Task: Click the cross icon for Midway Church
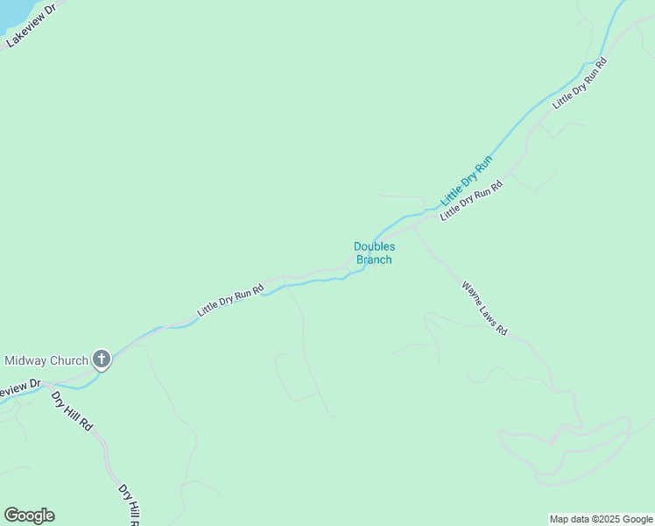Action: click(102, 359)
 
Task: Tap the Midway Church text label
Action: click(46, 360)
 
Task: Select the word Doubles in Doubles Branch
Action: click(374, 247)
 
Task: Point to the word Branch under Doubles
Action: click(374, 259)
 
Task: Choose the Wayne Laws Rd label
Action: click(484, 308)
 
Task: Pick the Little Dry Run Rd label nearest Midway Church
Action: click(230, 300)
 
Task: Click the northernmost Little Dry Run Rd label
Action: click(580, 84)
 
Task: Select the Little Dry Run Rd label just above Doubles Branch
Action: click(471, 201)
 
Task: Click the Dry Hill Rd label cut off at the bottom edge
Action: click(130, 504)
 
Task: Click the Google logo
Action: click(29, 515)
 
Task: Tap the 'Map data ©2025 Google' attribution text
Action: click(601, 519)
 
